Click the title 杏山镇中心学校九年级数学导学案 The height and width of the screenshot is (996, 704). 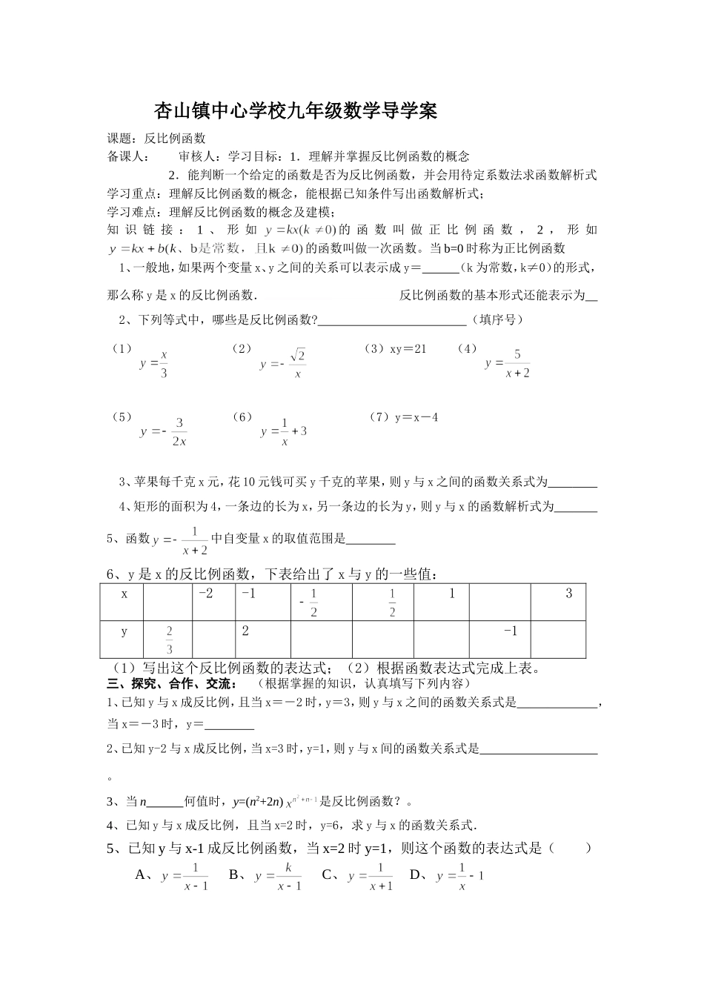[295, 111]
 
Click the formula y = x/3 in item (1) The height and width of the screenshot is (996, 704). [154, 363]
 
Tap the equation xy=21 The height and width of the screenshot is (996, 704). [408, 348]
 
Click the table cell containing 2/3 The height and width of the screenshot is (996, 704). [169, 640]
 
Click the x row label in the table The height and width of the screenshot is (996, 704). [124, 594]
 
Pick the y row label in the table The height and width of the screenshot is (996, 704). [124, 631]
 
